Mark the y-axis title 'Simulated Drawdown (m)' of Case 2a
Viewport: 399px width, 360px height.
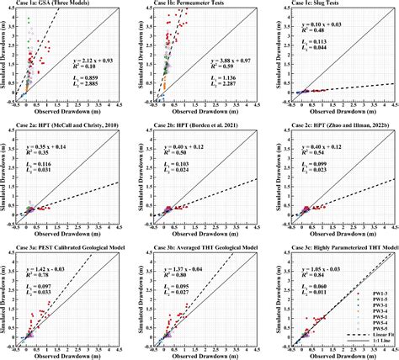pyautogui.click(x=4, y=175)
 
